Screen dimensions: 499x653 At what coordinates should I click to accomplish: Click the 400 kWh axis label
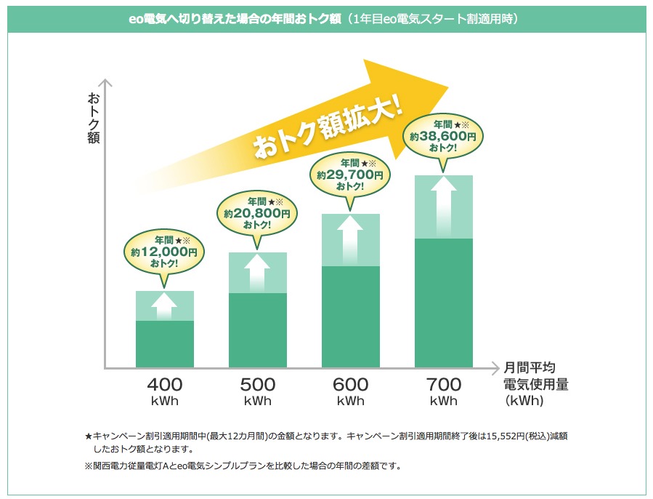pyautogui.click(x=165, y=391)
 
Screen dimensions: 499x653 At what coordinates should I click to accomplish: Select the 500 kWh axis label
pyautogui.click(x=258, y=391)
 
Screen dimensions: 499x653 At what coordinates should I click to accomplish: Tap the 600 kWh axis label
pyautogui.click(x=350, y=391)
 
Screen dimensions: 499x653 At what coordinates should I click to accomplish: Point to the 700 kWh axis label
pyautogui.click(x=443, y=391)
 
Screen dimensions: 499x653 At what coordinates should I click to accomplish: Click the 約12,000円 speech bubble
pyautogui.click(x=164, y=251)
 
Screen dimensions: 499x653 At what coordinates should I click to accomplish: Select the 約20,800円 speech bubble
pyautogui.click(x=257, y=213)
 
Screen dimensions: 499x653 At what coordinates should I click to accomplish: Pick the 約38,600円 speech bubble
pyautogui.click(x=443, y=136)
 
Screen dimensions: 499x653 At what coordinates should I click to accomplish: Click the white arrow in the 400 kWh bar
pyautogui.click(x=165, y=306)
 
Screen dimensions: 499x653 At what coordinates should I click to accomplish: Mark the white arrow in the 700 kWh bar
pyautogui.click(x=443, y=207)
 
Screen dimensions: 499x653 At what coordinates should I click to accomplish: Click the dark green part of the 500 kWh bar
pyautogui.click(x=258, y=330)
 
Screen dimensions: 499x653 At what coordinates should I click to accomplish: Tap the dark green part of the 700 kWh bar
pyautogui.click(x=444, y=303)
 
